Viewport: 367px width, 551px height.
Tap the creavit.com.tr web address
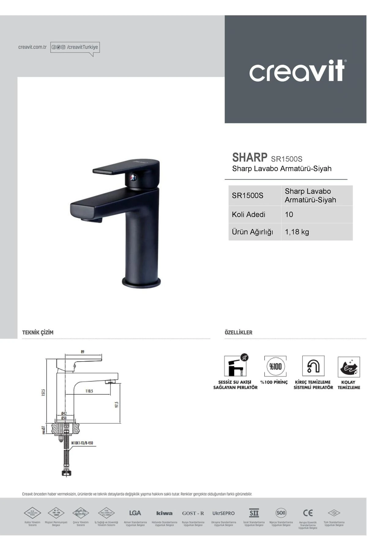32,47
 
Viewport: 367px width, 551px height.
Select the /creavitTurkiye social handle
82,47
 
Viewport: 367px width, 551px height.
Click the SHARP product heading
250,157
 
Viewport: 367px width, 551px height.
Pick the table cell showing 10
289,215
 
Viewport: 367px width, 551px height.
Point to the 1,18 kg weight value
297,232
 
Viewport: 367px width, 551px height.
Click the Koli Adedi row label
248,215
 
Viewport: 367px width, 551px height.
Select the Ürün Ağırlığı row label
252,232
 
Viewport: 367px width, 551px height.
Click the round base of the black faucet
141,282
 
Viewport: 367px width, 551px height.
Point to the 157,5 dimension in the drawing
43,392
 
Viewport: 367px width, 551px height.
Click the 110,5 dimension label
89,391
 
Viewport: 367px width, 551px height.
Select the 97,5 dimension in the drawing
117,404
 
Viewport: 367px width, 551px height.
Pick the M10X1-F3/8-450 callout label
82,443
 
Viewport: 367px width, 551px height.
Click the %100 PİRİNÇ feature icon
275,366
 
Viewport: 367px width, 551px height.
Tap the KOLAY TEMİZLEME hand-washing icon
349,366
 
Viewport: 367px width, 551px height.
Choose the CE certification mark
308,513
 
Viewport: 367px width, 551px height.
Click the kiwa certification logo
164,513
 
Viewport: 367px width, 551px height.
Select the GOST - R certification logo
193,513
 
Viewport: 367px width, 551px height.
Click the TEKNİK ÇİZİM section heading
38,332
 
